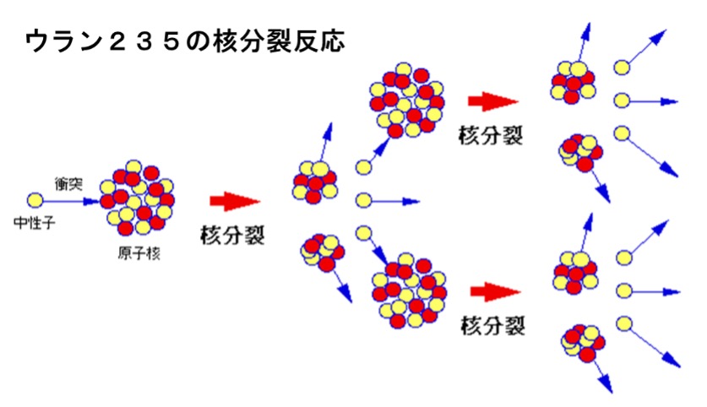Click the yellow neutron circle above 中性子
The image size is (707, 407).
[35, 201]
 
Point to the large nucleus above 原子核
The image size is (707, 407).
[137, 198]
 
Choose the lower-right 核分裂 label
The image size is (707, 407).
[492, 324]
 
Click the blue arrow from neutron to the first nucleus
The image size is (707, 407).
[72, 201]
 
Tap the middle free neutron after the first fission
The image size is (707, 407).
[364, 201]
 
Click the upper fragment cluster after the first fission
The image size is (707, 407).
[313, 180]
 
